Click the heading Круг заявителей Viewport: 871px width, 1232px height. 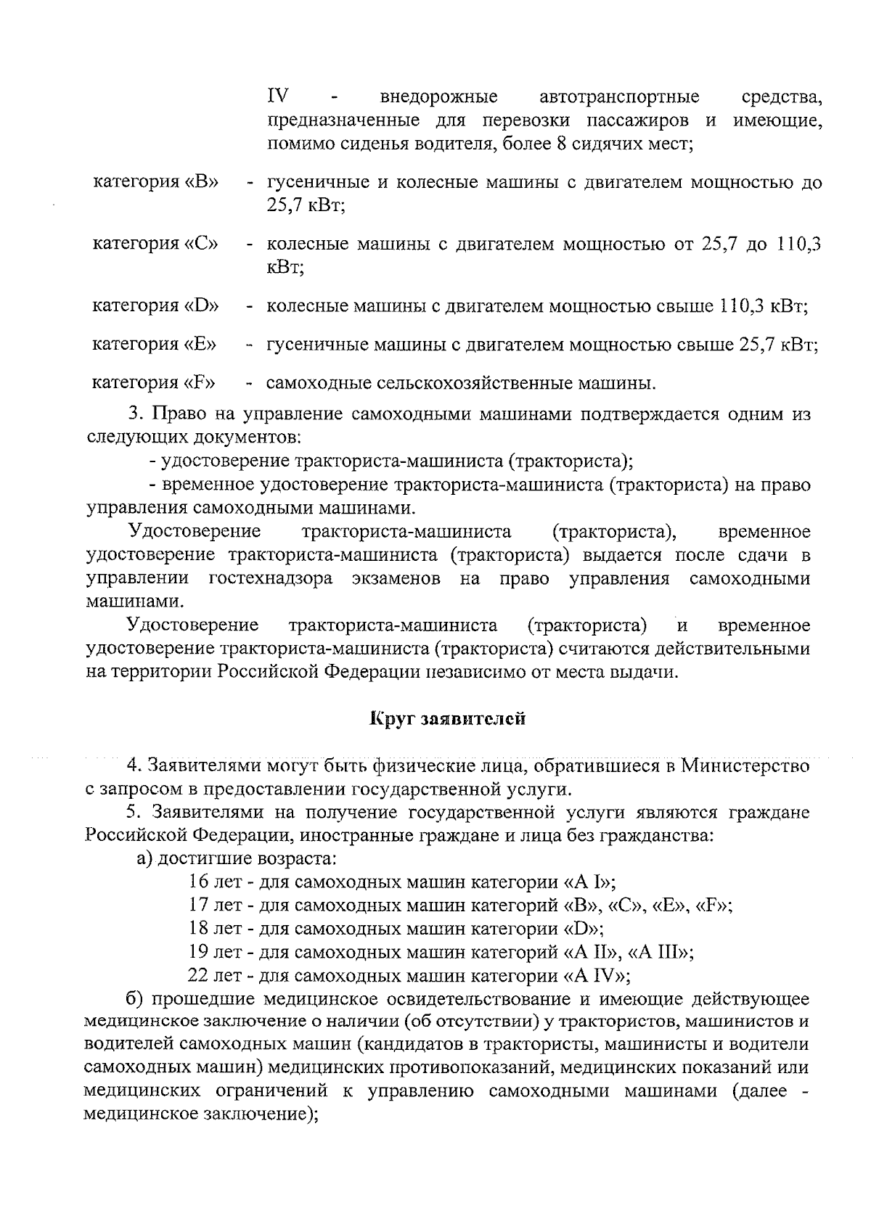click(447, 720)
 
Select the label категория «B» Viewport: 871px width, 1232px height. click(156, 181)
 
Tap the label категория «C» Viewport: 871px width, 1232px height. click(155, 243)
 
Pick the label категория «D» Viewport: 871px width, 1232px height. click(155, 305)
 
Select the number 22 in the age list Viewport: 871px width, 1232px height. click(198, 975)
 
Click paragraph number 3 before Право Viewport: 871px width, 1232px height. click(134, 415)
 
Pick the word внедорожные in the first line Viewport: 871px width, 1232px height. click(439, 96)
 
